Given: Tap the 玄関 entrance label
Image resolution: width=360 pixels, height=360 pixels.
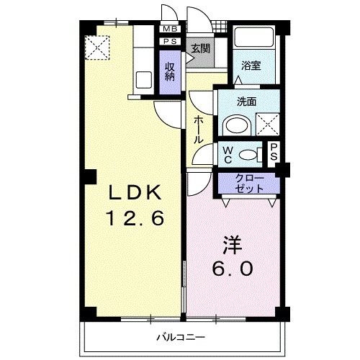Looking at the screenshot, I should [x=199, y=49].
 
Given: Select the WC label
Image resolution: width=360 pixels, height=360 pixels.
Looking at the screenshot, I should [x=228, y=152].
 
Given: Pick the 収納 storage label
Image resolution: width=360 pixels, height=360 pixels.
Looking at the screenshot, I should [x=170, y=72].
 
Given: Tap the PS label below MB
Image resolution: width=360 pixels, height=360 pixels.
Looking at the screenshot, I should [x=170, y=42].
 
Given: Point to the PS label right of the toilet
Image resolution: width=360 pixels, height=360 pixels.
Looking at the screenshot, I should [x=274, y=152].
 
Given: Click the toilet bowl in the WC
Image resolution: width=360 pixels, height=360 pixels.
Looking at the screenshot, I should [x=249, y=153].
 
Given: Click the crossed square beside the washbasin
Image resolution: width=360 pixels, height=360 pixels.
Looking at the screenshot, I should [x=268, y=125].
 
